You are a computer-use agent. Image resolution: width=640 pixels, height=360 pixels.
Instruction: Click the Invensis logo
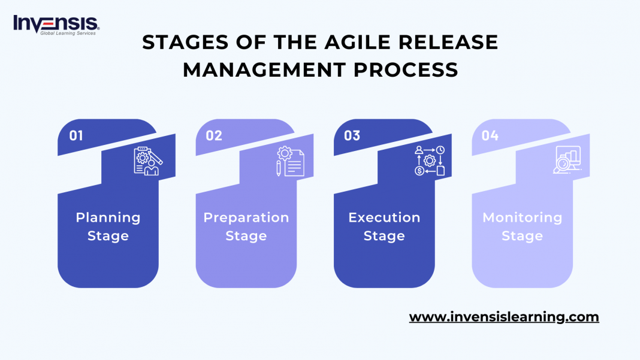(x=56, y=25)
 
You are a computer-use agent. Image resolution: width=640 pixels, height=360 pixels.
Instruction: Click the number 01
(x=76, y=135)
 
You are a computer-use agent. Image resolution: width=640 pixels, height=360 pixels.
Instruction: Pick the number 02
(x=214, y=135)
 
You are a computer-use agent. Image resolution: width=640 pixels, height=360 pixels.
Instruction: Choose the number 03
(x=352, y=135)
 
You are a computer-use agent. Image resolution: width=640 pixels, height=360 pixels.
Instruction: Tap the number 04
(x=490, y=135)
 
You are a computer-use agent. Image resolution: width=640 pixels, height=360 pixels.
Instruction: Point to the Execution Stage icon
(x=430, y=161)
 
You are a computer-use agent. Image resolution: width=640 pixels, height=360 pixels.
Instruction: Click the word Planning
(x=108, y=217)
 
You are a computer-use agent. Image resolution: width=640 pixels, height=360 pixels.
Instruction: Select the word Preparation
(x=246, y=217)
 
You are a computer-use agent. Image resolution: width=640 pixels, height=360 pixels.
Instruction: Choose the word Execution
(x=384, y=217)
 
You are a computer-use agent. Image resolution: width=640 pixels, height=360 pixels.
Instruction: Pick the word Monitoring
(x=522, y=217)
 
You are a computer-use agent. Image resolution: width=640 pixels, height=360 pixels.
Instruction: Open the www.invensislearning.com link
(x=504, y=317)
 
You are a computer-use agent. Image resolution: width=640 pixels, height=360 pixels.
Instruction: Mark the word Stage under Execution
(x=384, y=236)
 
